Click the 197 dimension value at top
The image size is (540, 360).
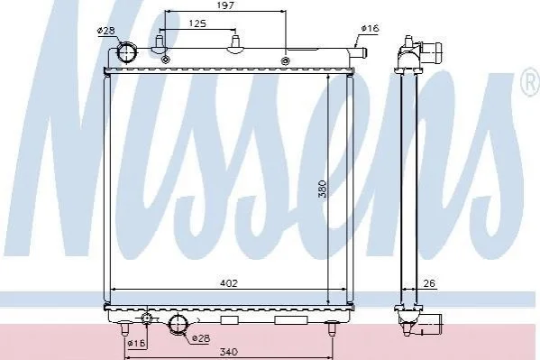[225, 5]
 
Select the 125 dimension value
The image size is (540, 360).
[197, 23]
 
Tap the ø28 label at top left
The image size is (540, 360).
[105, 31]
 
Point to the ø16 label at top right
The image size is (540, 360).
[370, 28]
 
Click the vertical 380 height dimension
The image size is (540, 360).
[322, 189]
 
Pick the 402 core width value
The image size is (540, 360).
[229, 283]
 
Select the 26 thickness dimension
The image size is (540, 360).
[429, 283]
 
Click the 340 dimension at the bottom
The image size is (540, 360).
[229, 352]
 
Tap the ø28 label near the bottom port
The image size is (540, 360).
[201, 338]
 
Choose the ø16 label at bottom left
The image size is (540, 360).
[137, 343]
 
